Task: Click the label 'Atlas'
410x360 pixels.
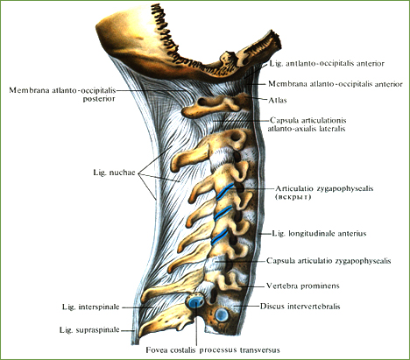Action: click(x=278, y=100)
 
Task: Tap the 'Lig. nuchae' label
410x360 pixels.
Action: click(x=114, y=173)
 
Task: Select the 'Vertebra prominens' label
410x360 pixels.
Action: click(x=302, y=286)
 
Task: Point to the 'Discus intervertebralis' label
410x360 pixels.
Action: click(x=300, y=307)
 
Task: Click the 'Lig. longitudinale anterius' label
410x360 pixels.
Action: click(x=319, y=234)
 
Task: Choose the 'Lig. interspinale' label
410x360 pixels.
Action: click(x=90, y=307)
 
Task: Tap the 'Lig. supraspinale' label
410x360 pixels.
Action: click(x=89, y=330)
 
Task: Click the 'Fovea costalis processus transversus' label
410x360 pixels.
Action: click(x=213, y=349)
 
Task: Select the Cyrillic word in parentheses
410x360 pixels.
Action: click(x=293, y=197)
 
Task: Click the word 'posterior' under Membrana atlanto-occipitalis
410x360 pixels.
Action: click(x=99, y=99)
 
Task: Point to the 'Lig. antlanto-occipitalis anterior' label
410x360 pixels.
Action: click(x=327, y=63)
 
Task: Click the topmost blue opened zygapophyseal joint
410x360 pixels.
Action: click(x=225, y=191)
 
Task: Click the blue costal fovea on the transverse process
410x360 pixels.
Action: click(x=195, y=302)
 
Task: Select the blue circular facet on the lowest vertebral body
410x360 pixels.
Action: click(x=222, y=314)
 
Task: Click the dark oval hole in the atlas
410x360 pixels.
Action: click(x=202, y=102)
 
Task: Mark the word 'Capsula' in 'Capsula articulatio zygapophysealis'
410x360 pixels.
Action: click(x=279, y=261)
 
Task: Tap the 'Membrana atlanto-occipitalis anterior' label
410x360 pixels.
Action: click(x=336, y=84)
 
